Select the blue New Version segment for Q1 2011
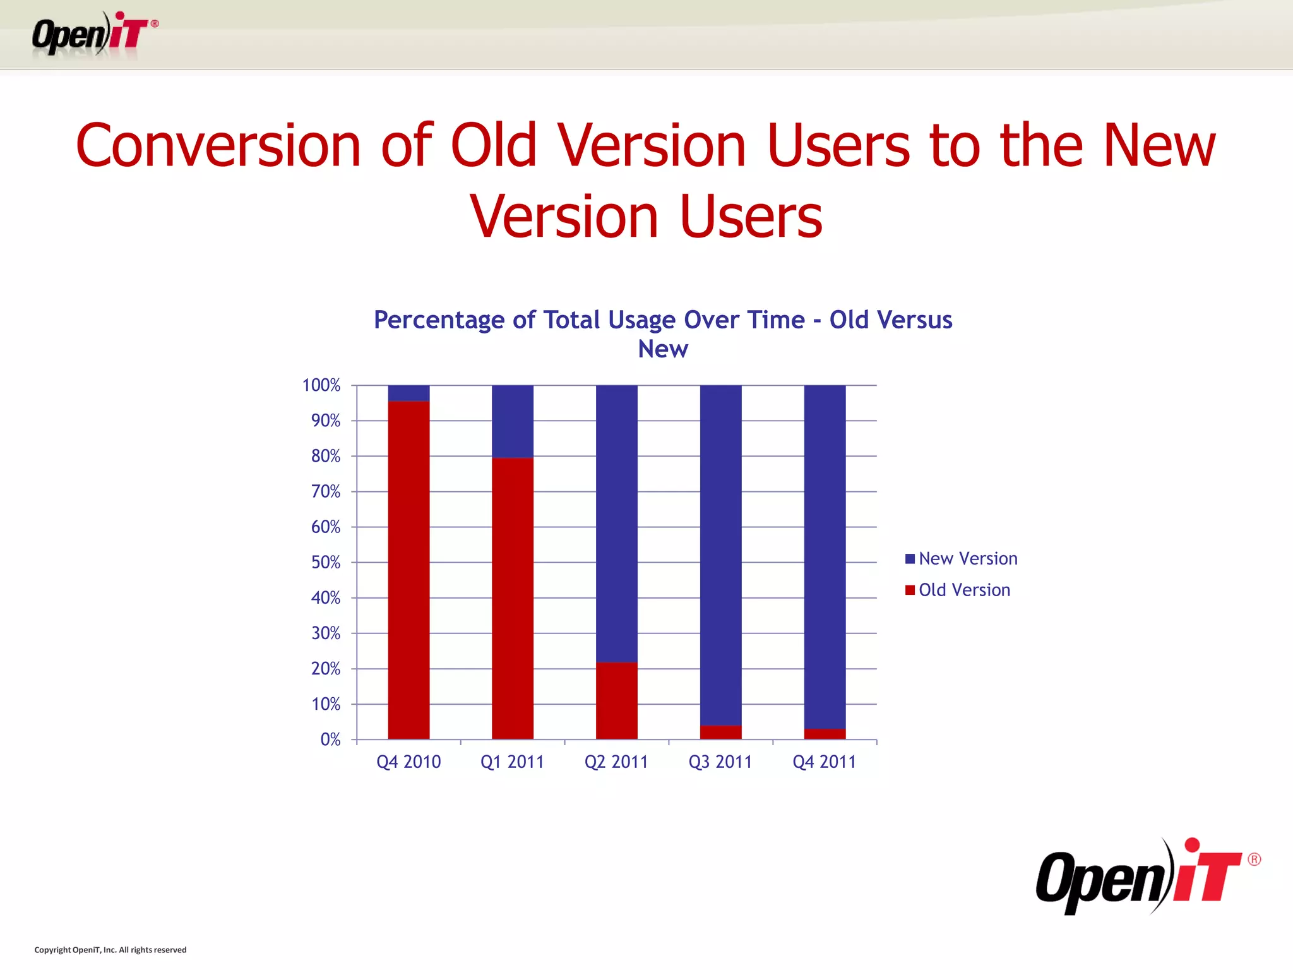point(512,421)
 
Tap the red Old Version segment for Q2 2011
point(616,700)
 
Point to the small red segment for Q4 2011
point(825,734)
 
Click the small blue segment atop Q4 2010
point(408,393)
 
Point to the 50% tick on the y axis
point(326,562)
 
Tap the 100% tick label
point(321,385)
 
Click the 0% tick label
point(330,739)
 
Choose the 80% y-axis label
point(326,456)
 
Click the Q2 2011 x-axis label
point(616,762)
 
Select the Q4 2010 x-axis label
point(408,762)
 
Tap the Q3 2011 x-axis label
point(720,762)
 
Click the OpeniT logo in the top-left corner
point(95,35)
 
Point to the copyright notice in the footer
point(110,950)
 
